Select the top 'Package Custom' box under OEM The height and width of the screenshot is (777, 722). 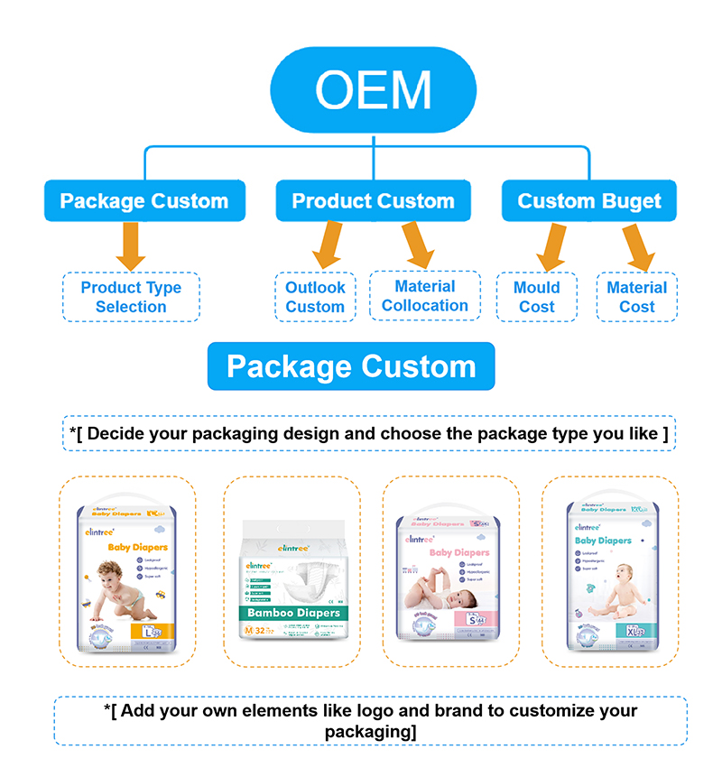pyautogui.click(x=144, y=200)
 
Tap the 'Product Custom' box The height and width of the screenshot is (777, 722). pyautogui.click(x=373, y=200)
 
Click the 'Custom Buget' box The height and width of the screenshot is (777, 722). pyautogui.click(x=589, y=200)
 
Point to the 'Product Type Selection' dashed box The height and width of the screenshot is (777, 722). pyautogui.click(x=131, y=297)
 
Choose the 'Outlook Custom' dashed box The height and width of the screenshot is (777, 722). pyautogui.click(x=315, y=297)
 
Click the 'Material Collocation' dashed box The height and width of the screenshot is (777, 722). pyautogui.click(x=424, y=296)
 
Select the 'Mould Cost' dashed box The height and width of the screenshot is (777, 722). pyautogui.click(x=536, y=297)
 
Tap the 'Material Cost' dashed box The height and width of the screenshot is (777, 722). pyautogui.click(x=636, y=297)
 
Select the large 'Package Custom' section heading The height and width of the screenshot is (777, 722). pyautogui.click(x=351, y=366)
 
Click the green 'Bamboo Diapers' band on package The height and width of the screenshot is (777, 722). pyautogui.click(x=293, y=613)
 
